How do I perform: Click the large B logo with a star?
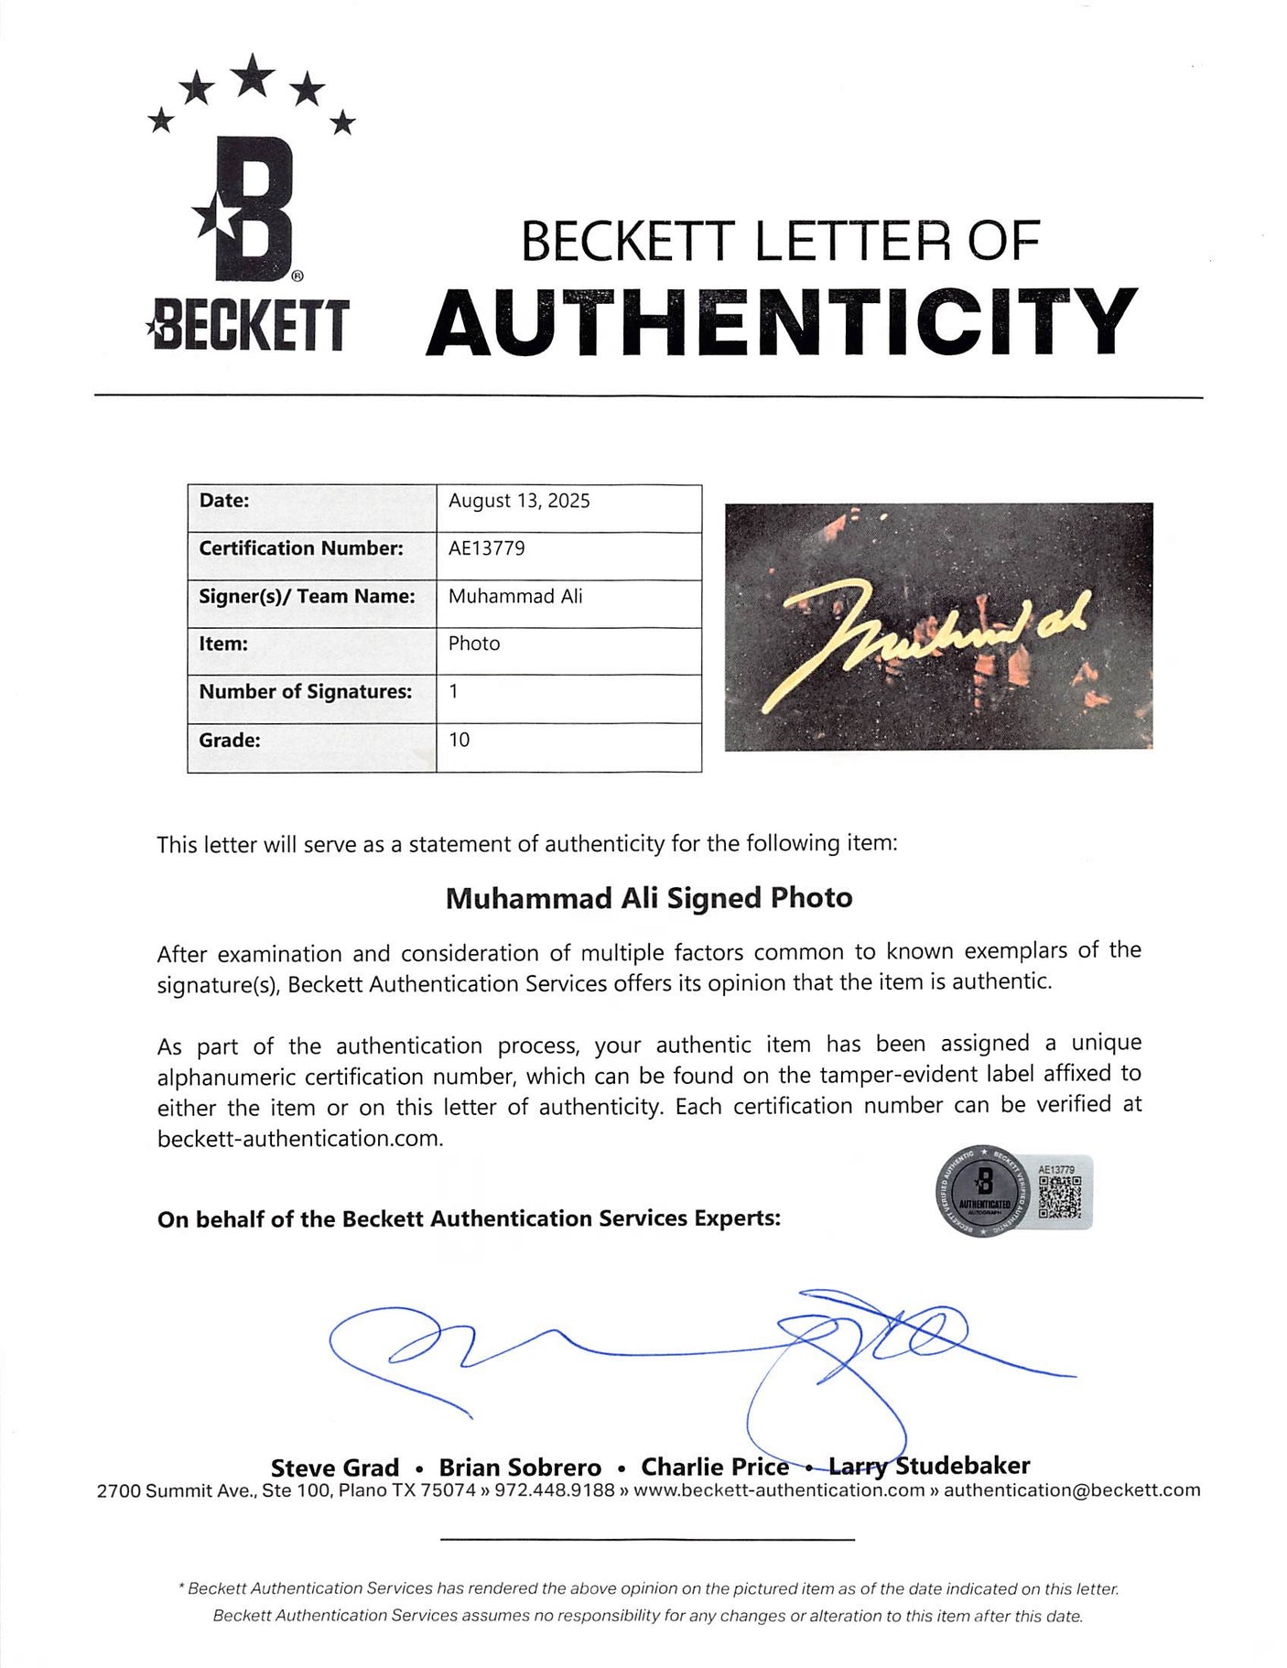click(x=248, y=209)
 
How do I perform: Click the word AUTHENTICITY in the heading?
click(x=781, y=321)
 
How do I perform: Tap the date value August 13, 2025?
click(x=519, y=501)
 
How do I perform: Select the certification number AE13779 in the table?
click(x=486, y=548)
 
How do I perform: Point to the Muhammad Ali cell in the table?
click(x=515, y=596)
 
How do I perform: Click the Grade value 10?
click(x=459, y=740)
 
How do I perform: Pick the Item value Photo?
click(x=474, y=644)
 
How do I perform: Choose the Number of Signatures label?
click(x=306, y=692)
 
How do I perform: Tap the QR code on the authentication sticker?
click(x=1060, y=1197)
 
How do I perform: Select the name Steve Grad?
click(x=335, y=1468)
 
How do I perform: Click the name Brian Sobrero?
click(x=520, y=1468)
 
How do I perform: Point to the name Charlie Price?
click(x=715, y=1467)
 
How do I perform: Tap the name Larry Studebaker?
click(x=929, y=1466)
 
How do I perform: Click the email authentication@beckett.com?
click(x=1072, y=1490)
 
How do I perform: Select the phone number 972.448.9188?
click(x=555, y=1490)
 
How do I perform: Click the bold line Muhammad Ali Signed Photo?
click(x=649, y=898)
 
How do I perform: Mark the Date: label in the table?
click(x=224, y=501)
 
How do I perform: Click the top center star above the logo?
click(x=253, y=74)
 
